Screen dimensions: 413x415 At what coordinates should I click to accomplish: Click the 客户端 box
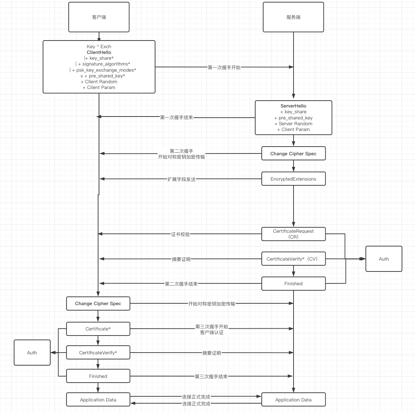[99, 17]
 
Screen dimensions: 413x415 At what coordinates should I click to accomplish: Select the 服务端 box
[293, 17]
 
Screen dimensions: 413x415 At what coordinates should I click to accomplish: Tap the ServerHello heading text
[293, 106]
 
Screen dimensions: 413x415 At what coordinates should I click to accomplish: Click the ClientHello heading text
[99, 52]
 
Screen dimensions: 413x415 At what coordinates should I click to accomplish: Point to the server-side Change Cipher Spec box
[293, 153]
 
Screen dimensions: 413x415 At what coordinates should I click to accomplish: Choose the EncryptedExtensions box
[293, 179]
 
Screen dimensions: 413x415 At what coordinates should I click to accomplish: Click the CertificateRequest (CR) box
[293, 234]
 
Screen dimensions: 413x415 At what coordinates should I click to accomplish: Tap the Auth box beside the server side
[384, 259]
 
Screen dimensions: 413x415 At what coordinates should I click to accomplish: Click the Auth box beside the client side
[32, 353]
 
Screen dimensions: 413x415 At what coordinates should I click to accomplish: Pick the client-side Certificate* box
[98, 329]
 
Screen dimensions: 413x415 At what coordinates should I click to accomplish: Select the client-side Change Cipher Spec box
[98, 303]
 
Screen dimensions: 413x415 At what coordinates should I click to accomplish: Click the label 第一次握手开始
[224, 67]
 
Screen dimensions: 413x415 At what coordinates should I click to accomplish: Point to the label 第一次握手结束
[176, 117]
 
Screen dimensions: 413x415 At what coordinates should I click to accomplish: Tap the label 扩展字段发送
[181, 179]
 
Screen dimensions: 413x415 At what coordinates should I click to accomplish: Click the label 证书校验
[180, 234]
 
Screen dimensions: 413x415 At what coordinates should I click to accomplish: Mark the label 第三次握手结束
[211, 376]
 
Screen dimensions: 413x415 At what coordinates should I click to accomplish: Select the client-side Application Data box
[98, 400]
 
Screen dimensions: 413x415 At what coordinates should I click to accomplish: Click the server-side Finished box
[293, 283]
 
